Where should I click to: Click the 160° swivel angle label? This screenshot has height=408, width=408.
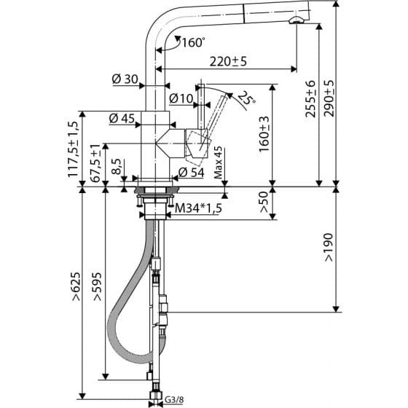[193, 42]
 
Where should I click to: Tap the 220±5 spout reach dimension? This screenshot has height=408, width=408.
[228, 62]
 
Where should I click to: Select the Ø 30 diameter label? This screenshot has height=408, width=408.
[125, 79]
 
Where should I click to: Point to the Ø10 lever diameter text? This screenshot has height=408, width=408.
[181, 98]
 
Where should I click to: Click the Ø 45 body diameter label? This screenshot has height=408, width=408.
[122, 118]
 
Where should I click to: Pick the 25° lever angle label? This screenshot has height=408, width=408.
[246, 98]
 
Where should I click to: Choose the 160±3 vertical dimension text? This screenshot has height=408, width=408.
[264, 134]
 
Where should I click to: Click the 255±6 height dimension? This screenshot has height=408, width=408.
[310, 99]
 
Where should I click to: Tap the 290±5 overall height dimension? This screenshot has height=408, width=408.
[329, 98]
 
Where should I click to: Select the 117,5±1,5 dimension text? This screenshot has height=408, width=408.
[73, 149]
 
